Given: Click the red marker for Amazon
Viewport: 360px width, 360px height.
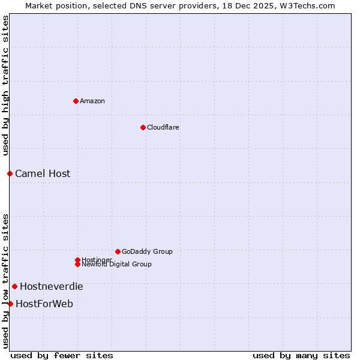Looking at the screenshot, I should (x=76, y=101).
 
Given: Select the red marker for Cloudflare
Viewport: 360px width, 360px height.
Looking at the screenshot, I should (x=143, y=127).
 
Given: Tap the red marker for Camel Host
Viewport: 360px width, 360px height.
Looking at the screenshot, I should (x=10, y=173).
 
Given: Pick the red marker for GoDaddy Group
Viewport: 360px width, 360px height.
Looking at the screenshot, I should (x=118, y=251).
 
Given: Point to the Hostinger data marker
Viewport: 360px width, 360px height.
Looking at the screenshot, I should (x=77, y=260).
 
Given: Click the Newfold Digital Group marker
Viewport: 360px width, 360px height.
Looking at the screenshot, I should (x=77, y=264).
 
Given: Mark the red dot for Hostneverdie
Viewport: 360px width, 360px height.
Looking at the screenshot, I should (x=14, y=286).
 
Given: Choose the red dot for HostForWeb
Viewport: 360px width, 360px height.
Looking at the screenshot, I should (x=10, y=304).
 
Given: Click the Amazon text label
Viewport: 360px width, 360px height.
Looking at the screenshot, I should (x=92, y=101).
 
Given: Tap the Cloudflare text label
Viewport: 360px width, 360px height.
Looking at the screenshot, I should (x=163, y=127).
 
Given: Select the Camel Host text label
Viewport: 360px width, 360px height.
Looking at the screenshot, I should (x=43, y=173).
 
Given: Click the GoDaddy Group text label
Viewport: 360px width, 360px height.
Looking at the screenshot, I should (x=147, y=251).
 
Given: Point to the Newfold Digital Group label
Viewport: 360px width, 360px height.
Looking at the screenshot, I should (x=116, y=265).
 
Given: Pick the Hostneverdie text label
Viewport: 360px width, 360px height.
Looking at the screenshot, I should (x=52, y=286).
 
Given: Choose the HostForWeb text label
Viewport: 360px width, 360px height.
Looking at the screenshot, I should (x=44, y=304).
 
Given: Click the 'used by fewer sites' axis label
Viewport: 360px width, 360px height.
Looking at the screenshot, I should (x=62, y=355).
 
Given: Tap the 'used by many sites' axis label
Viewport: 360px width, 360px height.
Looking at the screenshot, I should (x=301, y=355).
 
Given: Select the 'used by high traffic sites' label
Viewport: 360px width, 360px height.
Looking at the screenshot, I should (x=6, y=85).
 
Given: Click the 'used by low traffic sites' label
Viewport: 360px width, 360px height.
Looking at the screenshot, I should (x=6, y=280).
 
